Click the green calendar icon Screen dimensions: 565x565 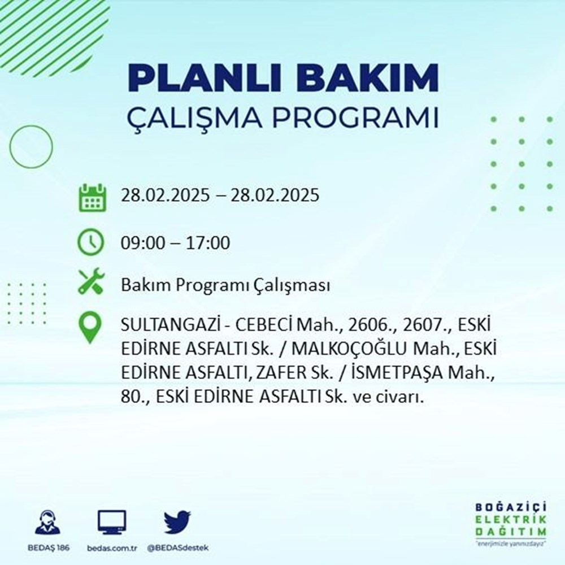click(x=91, y=197)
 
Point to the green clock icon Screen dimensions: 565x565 click(x=91, y=243)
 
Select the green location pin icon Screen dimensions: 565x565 click(x=91, y=328)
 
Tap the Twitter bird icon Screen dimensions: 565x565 click(x=177, y=523)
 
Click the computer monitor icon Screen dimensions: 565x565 click(x=112, y=523)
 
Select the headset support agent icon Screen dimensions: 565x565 click(x=48, y=523)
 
